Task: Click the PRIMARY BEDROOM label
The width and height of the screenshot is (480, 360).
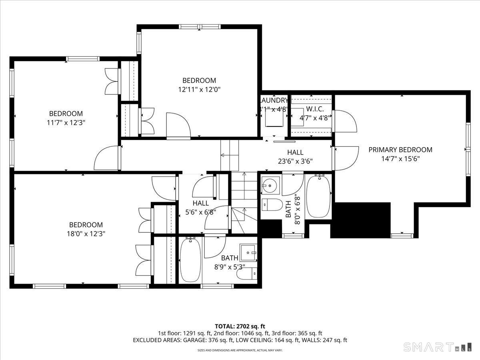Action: point(400,150)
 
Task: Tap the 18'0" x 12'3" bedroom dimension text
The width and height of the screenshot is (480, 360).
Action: point(86,233)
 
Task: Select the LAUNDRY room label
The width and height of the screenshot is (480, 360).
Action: point(274,100)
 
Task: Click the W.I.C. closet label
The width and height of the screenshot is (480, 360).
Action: point(312,109)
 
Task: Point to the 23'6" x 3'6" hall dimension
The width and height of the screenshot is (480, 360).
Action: point(295,161)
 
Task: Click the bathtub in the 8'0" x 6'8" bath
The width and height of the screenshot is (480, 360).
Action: point(318,196)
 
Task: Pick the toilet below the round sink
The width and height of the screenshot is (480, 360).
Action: point(271,204)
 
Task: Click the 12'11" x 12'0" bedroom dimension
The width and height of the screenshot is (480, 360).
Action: point(199,89)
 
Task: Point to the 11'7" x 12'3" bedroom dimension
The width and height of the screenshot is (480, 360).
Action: point(66,122)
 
